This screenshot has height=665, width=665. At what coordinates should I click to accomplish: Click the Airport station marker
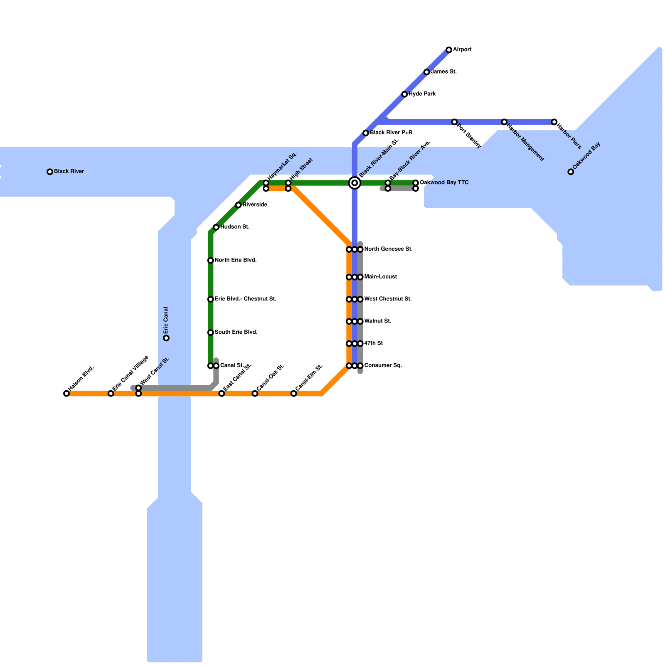coord(448,50)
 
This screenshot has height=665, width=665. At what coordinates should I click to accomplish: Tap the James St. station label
coord(443,72)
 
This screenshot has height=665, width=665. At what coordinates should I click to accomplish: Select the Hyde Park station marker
coord(404,94)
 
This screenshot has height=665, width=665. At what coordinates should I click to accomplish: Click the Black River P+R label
coord(391,133)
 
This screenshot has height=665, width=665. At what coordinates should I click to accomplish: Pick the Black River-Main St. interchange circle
coord(355,183)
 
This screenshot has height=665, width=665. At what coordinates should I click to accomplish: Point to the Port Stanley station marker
coord(454,122)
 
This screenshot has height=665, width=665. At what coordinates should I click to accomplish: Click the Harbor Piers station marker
coord(554,122)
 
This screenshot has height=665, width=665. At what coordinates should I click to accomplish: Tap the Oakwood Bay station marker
coord(571,172)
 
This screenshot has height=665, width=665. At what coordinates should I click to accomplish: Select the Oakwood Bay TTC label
coord(444,182)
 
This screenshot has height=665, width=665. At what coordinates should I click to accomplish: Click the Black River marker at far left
coord(50,172)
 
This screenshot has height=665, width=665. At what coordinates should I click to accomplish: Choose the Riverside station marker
coord(238,205)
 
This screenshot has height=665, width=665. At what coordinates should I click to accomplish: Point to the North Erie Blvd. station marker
coord(211,261)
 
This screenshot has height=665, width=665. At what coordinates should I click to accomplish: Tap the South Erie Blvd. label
coord(236,332)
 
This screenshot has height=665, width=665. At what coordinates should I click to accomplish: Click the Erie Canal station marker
coord(166,338)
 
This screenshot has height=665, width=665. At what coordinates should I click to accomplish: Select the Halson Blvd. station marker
coord(66,394)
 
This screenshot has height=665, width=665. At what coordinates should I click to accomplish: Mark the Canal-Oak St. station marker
coord(255,394)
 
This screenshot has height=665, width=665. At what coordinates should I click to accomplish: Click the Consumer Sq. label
coord(383,366)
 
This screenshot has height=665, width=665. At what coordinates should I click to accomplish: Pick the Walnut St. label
coord(377,321)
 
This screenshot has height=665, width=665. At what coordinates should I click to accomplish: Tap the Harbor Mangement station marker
coord(504,122)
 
